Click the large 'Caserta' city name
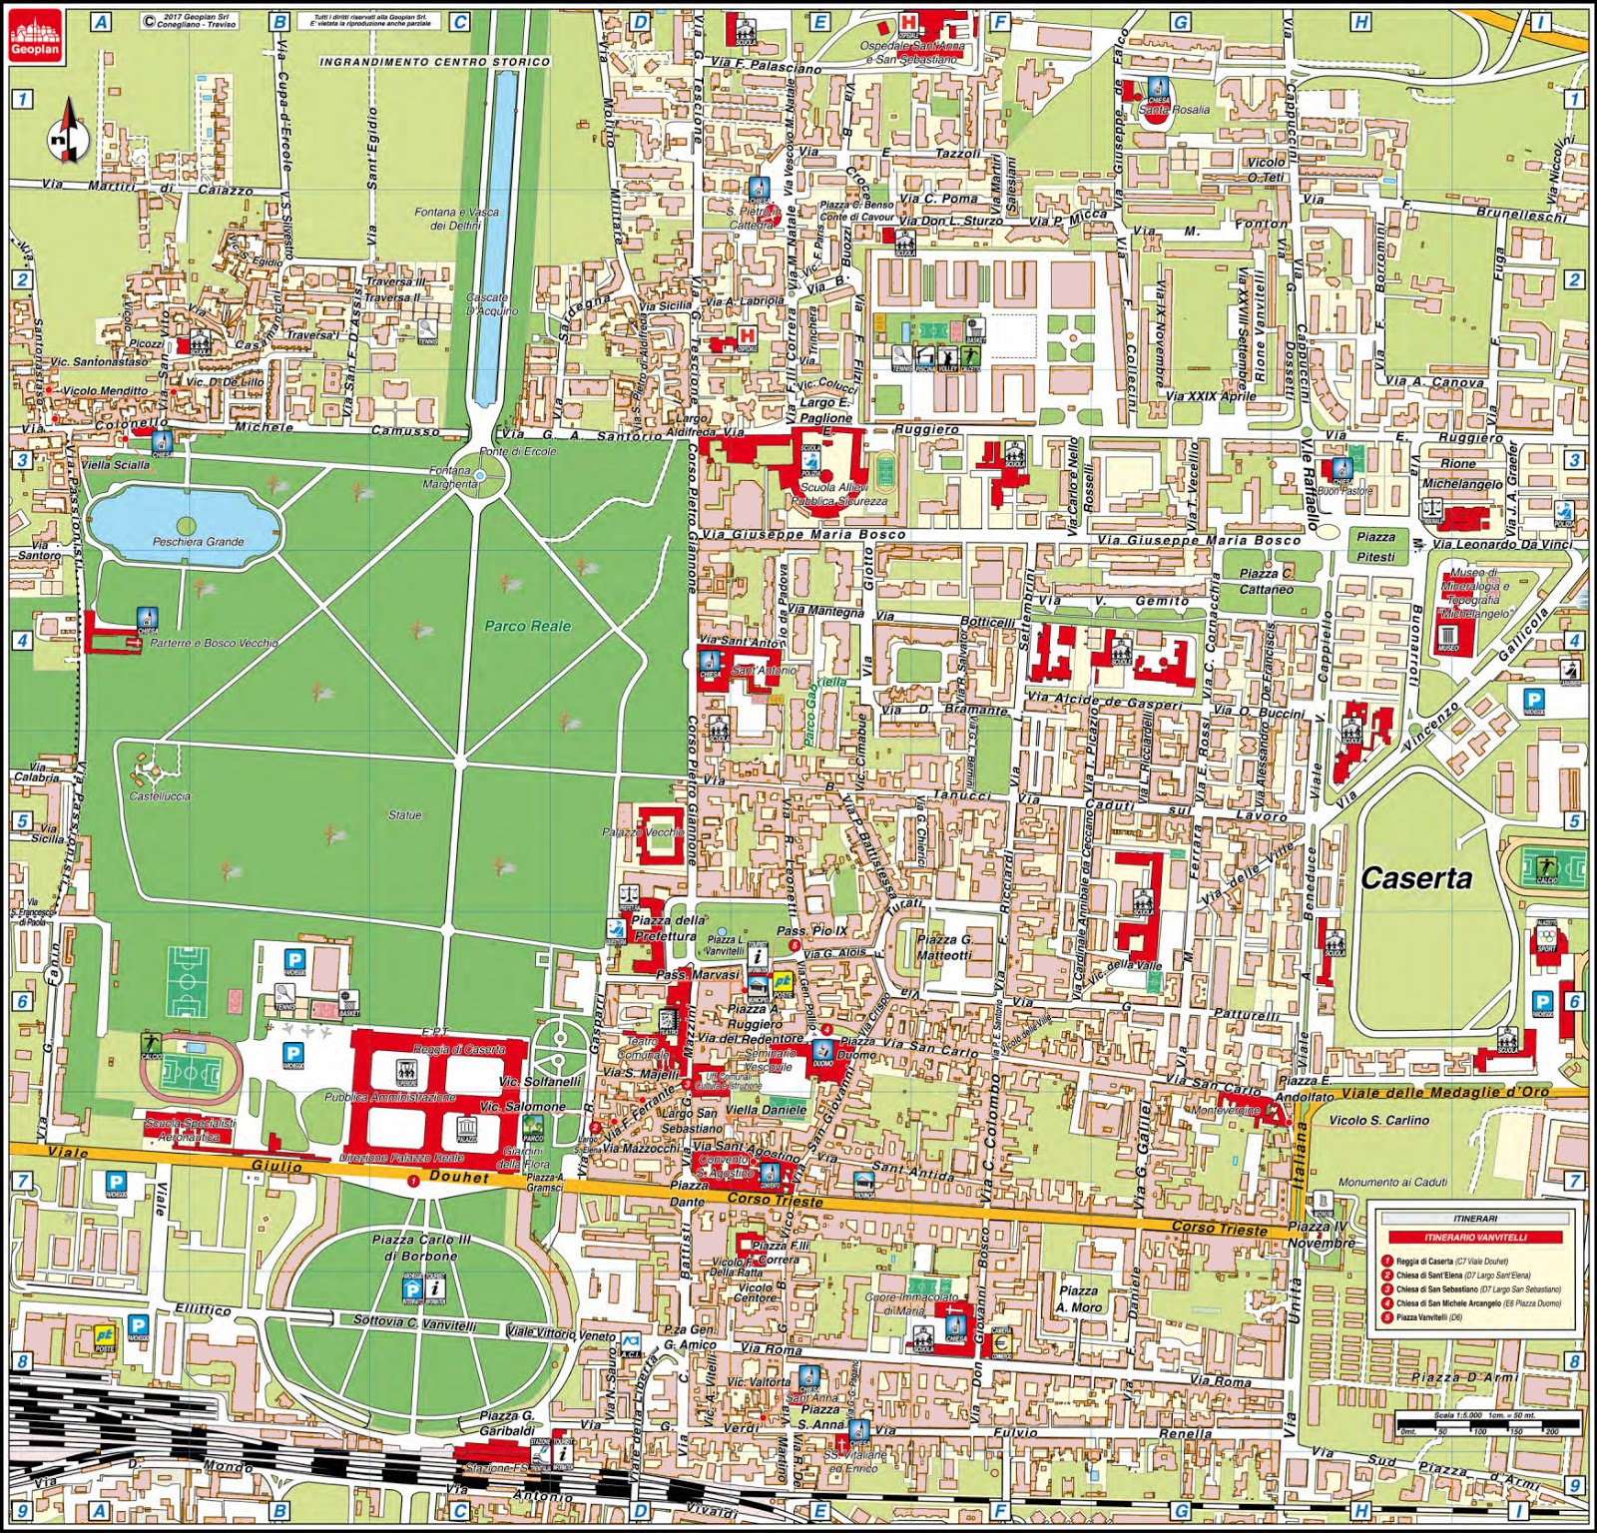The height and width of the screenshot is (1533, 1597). [1415, 878]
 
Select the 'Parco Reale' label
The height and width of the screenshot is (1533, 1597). [528, 627]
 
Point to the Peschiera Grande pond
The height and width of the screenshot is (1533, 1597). [186, 525]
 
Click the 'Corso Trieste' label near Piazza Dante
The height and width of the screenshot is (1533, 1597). [775, 1201]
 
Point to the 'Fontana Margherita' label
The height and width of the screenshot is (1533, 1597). [449, 477]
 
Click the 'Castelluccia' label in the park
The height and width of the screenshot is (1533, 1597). [160, 796]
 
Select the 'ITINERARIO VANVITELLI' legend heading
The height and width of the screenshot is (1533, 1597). [1474, 1238]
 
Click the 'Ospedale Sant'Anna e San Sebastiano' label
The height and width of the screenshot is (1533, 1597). [909, 53]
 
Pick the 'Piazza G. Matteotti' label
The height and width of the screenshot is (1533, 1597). [944, 946]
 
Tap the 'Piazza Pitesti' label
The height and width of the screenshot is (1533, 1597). [1376, 546]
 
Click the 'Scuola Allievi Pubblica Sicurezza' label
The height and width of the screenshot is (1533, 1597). [838, 494]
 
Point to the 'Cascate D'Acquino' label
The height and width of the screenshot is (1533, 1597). [492, 303]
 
